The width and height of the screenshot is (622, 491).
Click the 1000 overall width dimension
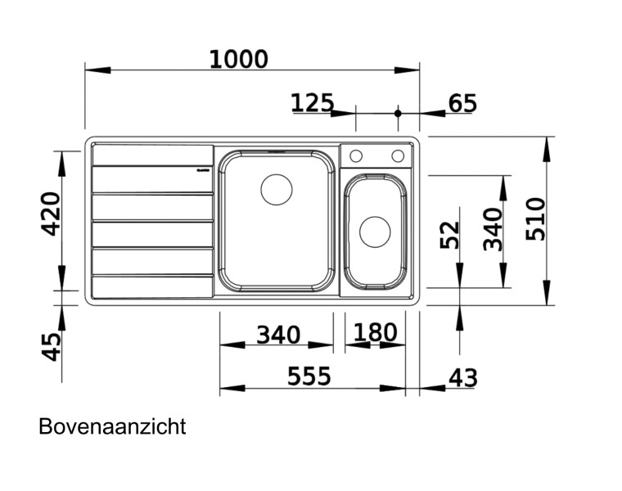[x=238, y=60]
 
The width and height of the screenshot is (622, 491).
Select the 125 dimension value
[x=313, y=103]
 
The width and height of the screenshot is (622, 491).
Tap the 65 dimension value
[x=462, y=104]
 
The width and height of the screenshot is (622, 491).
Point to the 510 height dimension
[x=535, y=218]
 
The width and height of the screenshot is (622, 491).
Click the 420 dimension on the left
[x=51, y=214]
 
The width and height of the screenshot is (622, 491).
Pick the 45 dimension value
[x=51, y=346]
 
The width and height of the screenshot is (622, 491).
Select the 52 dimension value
[x=449, y=235]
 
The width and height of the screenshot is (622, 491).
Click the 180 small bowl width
[x=376, y=333]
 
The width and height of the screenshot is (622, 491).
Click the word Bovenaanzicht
[x=112, y=426]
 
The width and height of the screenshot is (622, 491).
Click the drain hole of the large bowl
[x=276, y=190]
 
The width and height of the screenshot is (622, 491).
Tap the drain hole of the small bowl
[x=375, y=232]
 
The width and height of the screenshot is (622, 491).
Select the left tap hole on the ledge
[x=356, y=155]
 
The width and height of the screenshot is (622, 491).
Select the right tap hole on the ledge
[x=398, y=155]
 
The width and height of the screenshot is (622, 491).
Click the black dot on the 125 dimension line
[x=399, y=113]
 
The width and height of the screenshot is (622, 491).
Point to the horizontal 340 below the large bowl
[x=278, y=335]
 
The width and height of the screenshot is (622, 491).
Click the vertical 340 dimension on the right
[x=493, y=229]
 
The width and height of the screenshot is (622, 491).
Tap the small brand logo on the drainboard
[x=203, y=170]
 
